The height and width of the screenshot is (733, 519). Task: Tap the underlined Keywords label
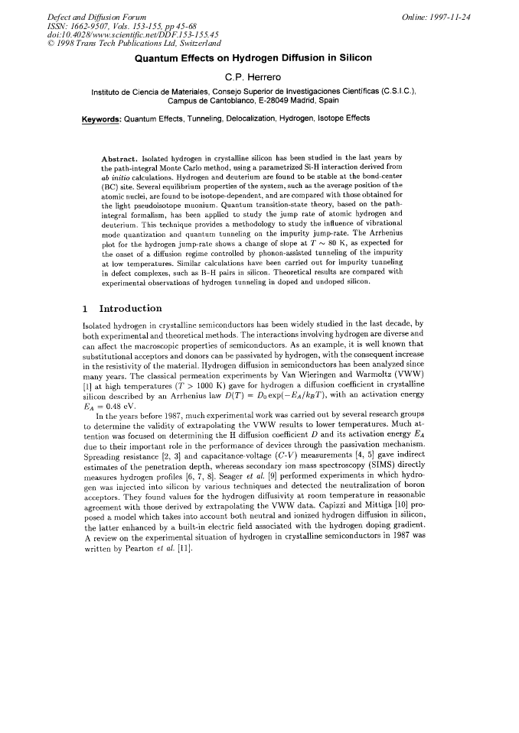coord(101,118)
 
